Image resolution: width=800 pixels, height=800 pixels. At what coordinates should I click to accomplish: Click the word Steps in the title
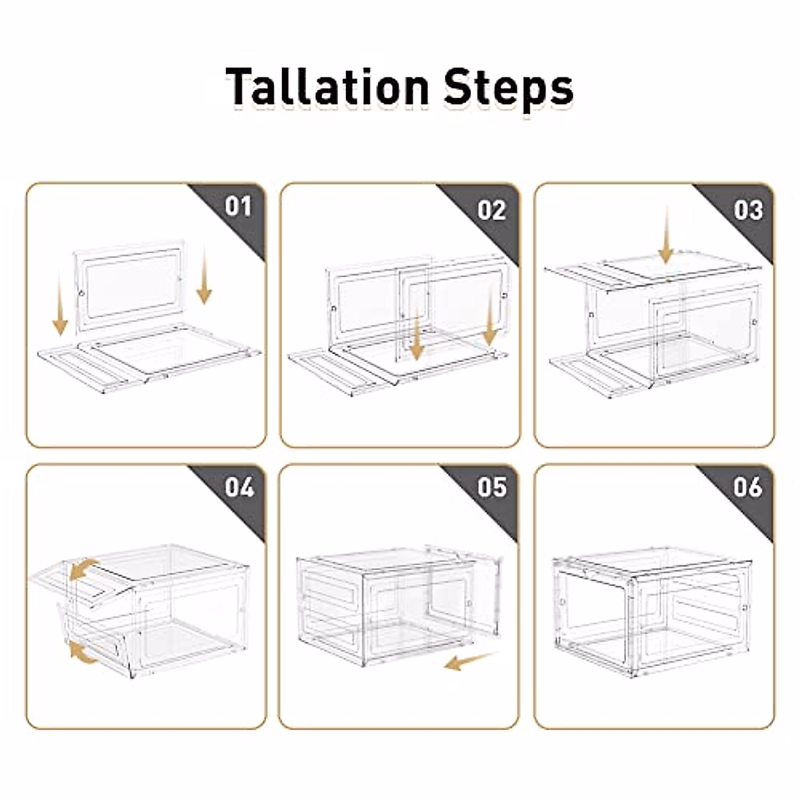point(508,87)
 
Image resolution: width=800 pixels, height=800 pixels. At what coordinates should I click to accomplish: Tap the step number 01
point(238,206)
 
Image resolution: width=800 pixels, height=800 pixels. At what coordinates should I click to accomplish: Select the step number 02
point(492,210)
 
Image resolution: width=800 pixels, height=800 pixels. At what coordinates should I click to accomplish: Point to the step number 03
point(747,210)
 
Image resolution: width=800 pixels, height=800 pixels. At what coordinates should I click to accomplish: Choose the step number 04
point(238,487)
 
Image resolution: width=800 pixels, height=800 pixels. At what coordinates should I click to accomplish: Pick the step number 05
point(492,487)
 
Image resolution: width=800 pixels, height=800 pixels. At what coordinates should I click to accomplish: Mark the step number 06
point(747,487)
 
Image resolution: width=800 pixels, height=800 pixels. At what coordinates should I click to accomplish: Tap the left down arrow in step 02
point(417,337)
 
